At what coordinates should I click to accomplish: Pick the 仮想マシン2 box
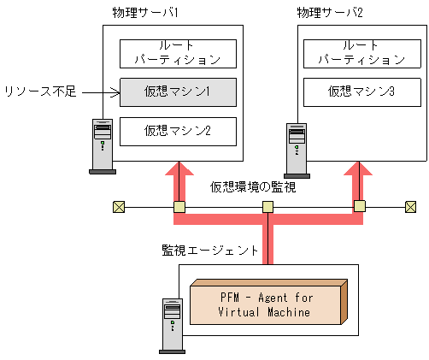[177, 130]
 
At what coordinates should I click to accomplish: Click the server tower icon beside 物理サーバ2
[297, 150]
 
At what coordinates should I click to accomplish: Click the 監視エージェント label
[210, 250]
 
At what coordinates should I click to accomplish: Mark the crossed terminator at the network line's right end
[410, 206]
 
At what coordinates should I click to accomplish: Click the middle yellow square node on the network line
[267, 206]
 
